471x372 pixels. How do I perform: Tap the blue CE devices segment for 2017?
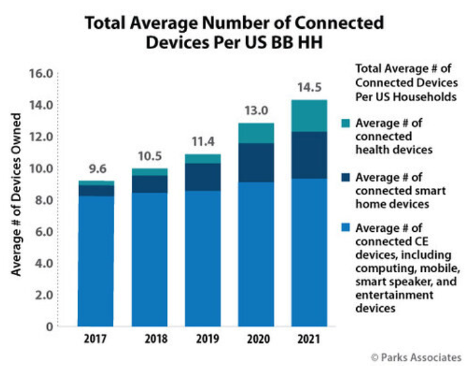96,261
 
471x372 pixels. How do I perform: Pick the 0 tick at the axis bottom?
47,327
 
